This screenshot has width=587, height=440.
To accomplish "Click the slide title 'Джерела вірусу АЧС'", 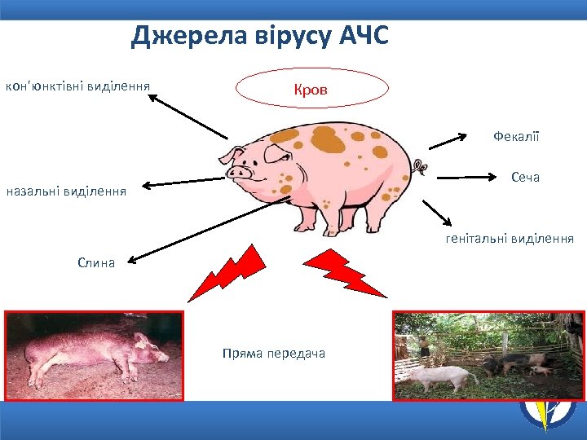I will coord(260,36).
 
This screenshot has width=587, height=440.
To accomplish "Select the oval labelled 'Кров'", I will coord(312,89).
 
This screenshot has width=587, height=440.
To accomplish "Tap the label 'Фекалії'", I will coord(516,136).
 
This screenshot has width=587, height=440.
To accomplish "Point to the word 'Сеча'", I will coord(525,177).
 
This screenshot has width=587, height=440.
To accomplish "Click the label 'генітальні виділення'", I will coord(509,239).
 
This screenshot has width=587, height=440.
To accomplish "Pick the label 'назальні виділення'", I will coord(66,192).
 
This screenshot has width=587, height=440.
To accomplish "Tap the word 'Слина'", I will coord(96,262).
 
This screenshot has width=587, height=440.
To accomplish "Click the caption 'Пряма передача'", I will coord(273,353).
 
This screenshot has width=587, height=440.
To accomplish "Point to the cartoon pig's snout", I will coord(238,173).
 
